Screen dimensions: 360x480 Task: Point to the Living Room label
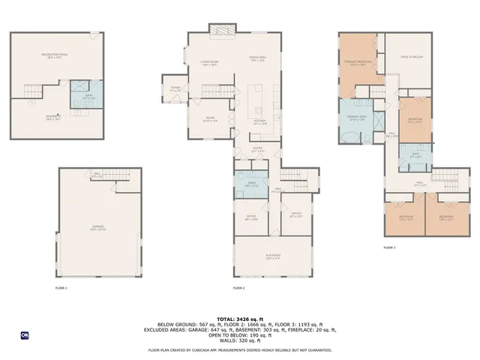(x=208, y=63)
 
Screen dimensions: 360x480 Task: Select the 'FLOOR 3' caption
(x=389, y=247)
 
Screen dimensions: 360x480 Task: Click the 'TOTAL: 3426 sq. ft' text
(x=240, y=319)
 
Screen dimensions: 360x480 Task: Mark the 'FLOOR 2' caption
(x=238, y=288)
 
